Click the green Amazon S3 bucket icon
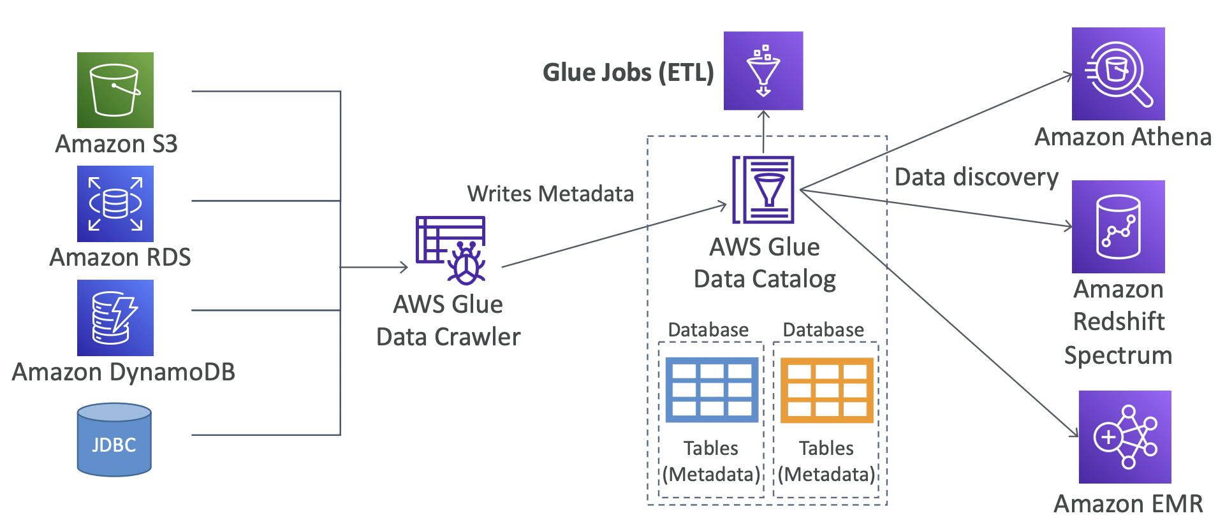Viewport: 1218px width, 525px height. [x=115, y=90]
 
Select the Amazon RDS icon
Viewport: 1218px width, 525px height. [x=115, y=203]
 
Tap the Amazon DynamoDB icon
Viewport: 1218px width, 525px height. [x=115, y=317]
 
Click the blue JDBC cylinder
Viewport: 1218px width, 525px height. [x=114, y=440]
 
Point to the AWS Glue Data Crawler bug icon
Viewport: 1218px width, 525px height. [x=451, y=250]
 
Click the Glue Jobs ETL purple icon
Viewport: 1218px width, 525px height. [x=763, y=71]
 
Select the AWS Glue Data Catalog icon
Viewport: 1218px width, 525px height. [x=763, y=190]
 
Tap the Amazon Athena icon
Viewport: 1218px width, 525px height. [x=1118, y=74]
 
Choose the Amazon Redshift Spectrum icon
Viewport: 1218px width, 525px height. [x=1118, y=227]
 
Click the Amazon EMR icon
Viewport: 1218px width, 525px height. [x=1125, y=437]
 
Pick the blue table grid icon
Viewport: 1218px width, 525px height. [x=712, y=390]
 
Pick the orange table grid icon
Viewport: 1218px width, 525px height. [x=827, y=390]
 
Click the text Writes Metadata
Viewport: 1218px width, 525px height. [x=550, y=194]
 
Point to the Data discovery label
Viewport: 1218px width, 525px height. [x=976, y=177]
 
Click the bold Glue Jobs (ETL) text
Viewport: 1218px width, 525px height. [x=628, y=73]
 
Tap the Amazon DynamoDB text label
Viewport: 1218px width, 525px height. [x=124, y=372]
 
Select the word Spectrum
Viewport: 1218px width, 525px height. [x=1118, y=355]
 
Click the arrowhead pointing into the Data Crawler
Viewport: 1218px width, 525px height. [x=404, y=267]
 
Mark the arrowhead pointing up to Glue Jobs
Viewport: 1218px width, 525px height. [x=763, y=115]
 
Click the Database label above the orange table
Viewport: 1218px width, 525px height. [x=823, y=330]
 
